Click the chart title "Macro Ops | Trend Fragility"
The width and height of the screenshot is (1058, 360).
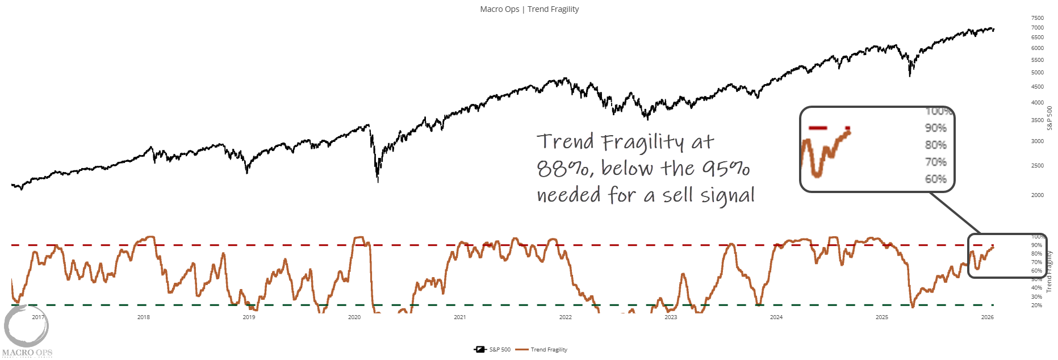529,9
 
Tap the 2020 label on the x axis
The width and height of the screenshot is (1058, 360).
354,317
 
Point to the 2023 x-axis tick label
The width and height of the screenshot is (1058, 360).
671,317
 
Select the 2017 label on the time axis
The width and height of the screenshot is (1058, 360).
38,317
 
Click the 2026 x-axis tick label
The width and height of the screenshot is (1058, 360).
987,317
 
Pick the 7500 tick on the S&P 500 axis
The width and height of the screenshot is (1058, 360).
1037,18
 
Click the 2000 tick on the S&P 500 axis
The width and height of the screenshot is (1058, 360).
1037,195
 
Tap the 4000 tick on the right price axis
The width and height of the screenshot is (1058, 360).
1037,103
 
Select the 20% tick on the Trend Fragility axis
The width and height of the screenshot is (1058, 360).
1036,305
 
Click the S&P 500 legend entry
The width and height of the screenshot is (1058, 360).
499,350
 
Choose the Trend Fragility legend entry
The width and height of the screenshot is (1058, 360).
549,350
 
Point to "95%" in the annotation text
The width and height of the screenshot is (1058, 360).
726,168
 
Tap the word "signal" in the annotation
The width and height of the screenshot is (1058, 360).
727,196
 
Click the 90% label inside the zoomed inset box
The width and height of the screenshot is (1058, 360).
935,128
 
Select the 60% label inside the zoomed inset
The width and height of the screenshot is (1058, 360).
935,179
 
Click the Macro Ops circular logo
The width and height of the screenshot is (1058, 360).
26,326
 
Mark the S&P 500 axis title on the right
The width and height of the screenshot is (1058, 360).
1049,118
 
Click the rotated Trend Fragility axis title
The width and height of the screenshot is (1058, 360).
1049,271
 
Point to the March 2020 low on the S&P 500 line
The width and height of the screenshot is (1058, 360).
378,181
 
